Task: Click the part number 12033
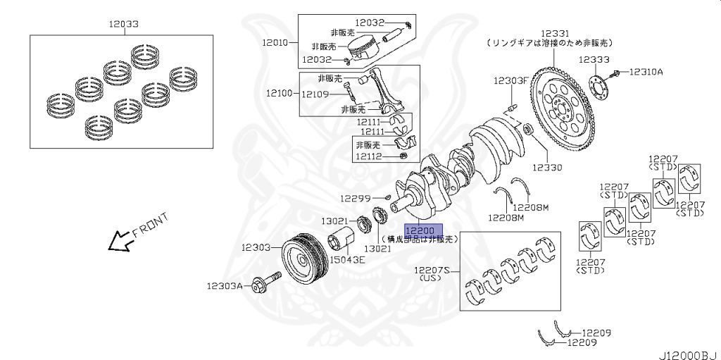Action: tap(123, 24)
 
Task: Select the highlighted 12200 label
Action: tap(423, 230)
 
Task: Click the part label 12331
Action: tap(555, 33)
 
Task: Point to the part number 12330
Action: tap(547, 168)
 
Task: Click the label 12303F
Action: tap(510, 80)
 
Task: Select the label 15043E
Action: tap(349, 260)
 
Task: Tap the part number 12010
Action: tap(277, 42)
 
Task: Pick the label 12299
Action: tap(356, 199)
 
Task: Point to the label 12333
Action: tap(594, 60)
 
